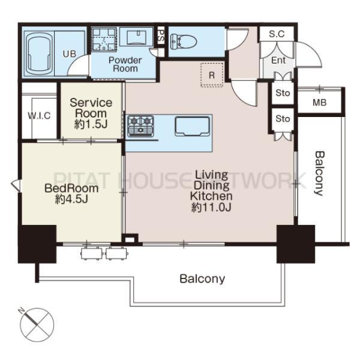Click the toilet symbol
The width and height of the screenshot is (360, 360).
pyautogui.click(x=184, y=41)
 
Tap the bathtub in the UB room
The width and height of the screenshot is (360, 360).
pyautogui.click(x=39, y=53)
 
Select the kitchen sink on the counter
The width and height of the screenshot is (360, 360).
pyautogui.click(x=192, y=126)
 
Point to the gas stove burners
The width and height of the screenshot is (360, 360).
pyautogui.click(x=140, y=126)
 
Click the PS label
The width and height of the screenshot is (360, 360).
pyautogui.click(x=161, y=35)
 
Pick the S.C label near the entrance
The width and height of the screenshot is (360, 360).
pyautogui.click(x=277, y=34)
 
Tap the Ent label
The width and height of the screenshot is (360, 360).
pyautogui.click(x=278, y=61)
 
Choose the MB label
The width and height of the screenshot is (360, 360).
pyautogui.click(x=319, y=103)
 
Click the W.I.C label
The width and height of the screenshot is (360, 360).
pyautogui.click(x=39, y=115)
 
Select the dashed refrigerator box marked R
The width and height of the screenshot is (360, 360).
pyautogui.click(x=212, y=75)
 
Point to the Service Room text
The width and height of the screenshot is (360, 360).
pyautogui.click(x=91, y=108)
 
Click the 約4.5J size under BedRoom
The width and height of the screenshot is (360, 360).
pyautogui.click(x=71, y=199)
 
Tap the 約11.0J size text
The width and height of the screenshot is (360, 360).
pyautogui.click(x=211, y=208)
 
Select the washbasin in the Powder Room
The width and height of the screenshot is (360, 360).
pyautogui.click(x=136, y=37)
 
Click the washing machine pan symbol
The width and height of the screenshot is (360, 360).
pyautogui.click(x=104, y=39)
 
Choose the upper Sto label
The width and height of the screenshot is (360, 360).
pyautogui.click(x=283, y=93)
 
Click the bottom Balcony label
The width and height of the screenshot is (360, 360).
pyautogui.click(x=202, y=279)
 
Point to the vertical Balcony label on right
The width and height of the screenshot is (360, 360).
pyautogui.click(x=319, y=173)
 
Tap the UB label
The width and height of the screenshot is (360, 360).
pyautogui.click(x=70, y=54)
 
